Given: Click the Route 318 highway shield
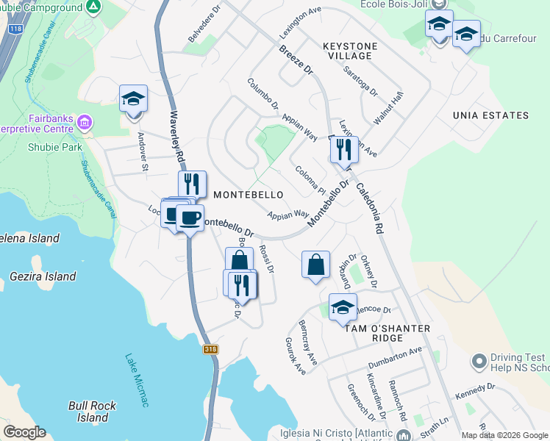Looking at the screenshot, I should (211, 351).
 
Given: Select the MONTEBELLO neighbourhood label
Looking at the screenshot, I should (249, 195).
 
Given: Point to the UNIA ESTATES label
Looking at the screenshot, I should (490, 115).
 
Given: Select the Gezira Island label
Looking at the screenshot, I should (43, 276).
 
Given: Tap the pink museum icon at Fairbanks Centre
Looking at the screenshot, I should (85, 121).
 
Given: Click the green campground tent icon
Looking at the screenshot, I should (93, 8).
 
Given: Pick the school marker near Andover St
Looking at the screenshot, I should (134, 99).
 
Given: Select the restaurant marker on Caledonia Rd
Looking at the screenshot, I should (343, 150).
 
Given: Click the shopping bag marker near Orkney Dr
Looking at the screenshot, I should (315, 265).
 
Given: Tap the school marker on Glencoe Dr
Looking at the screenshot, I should (343, 308).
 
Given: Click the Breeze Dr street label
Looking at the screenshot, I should (296, 61).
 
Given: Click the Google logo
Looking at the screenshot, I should (24, 432).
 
